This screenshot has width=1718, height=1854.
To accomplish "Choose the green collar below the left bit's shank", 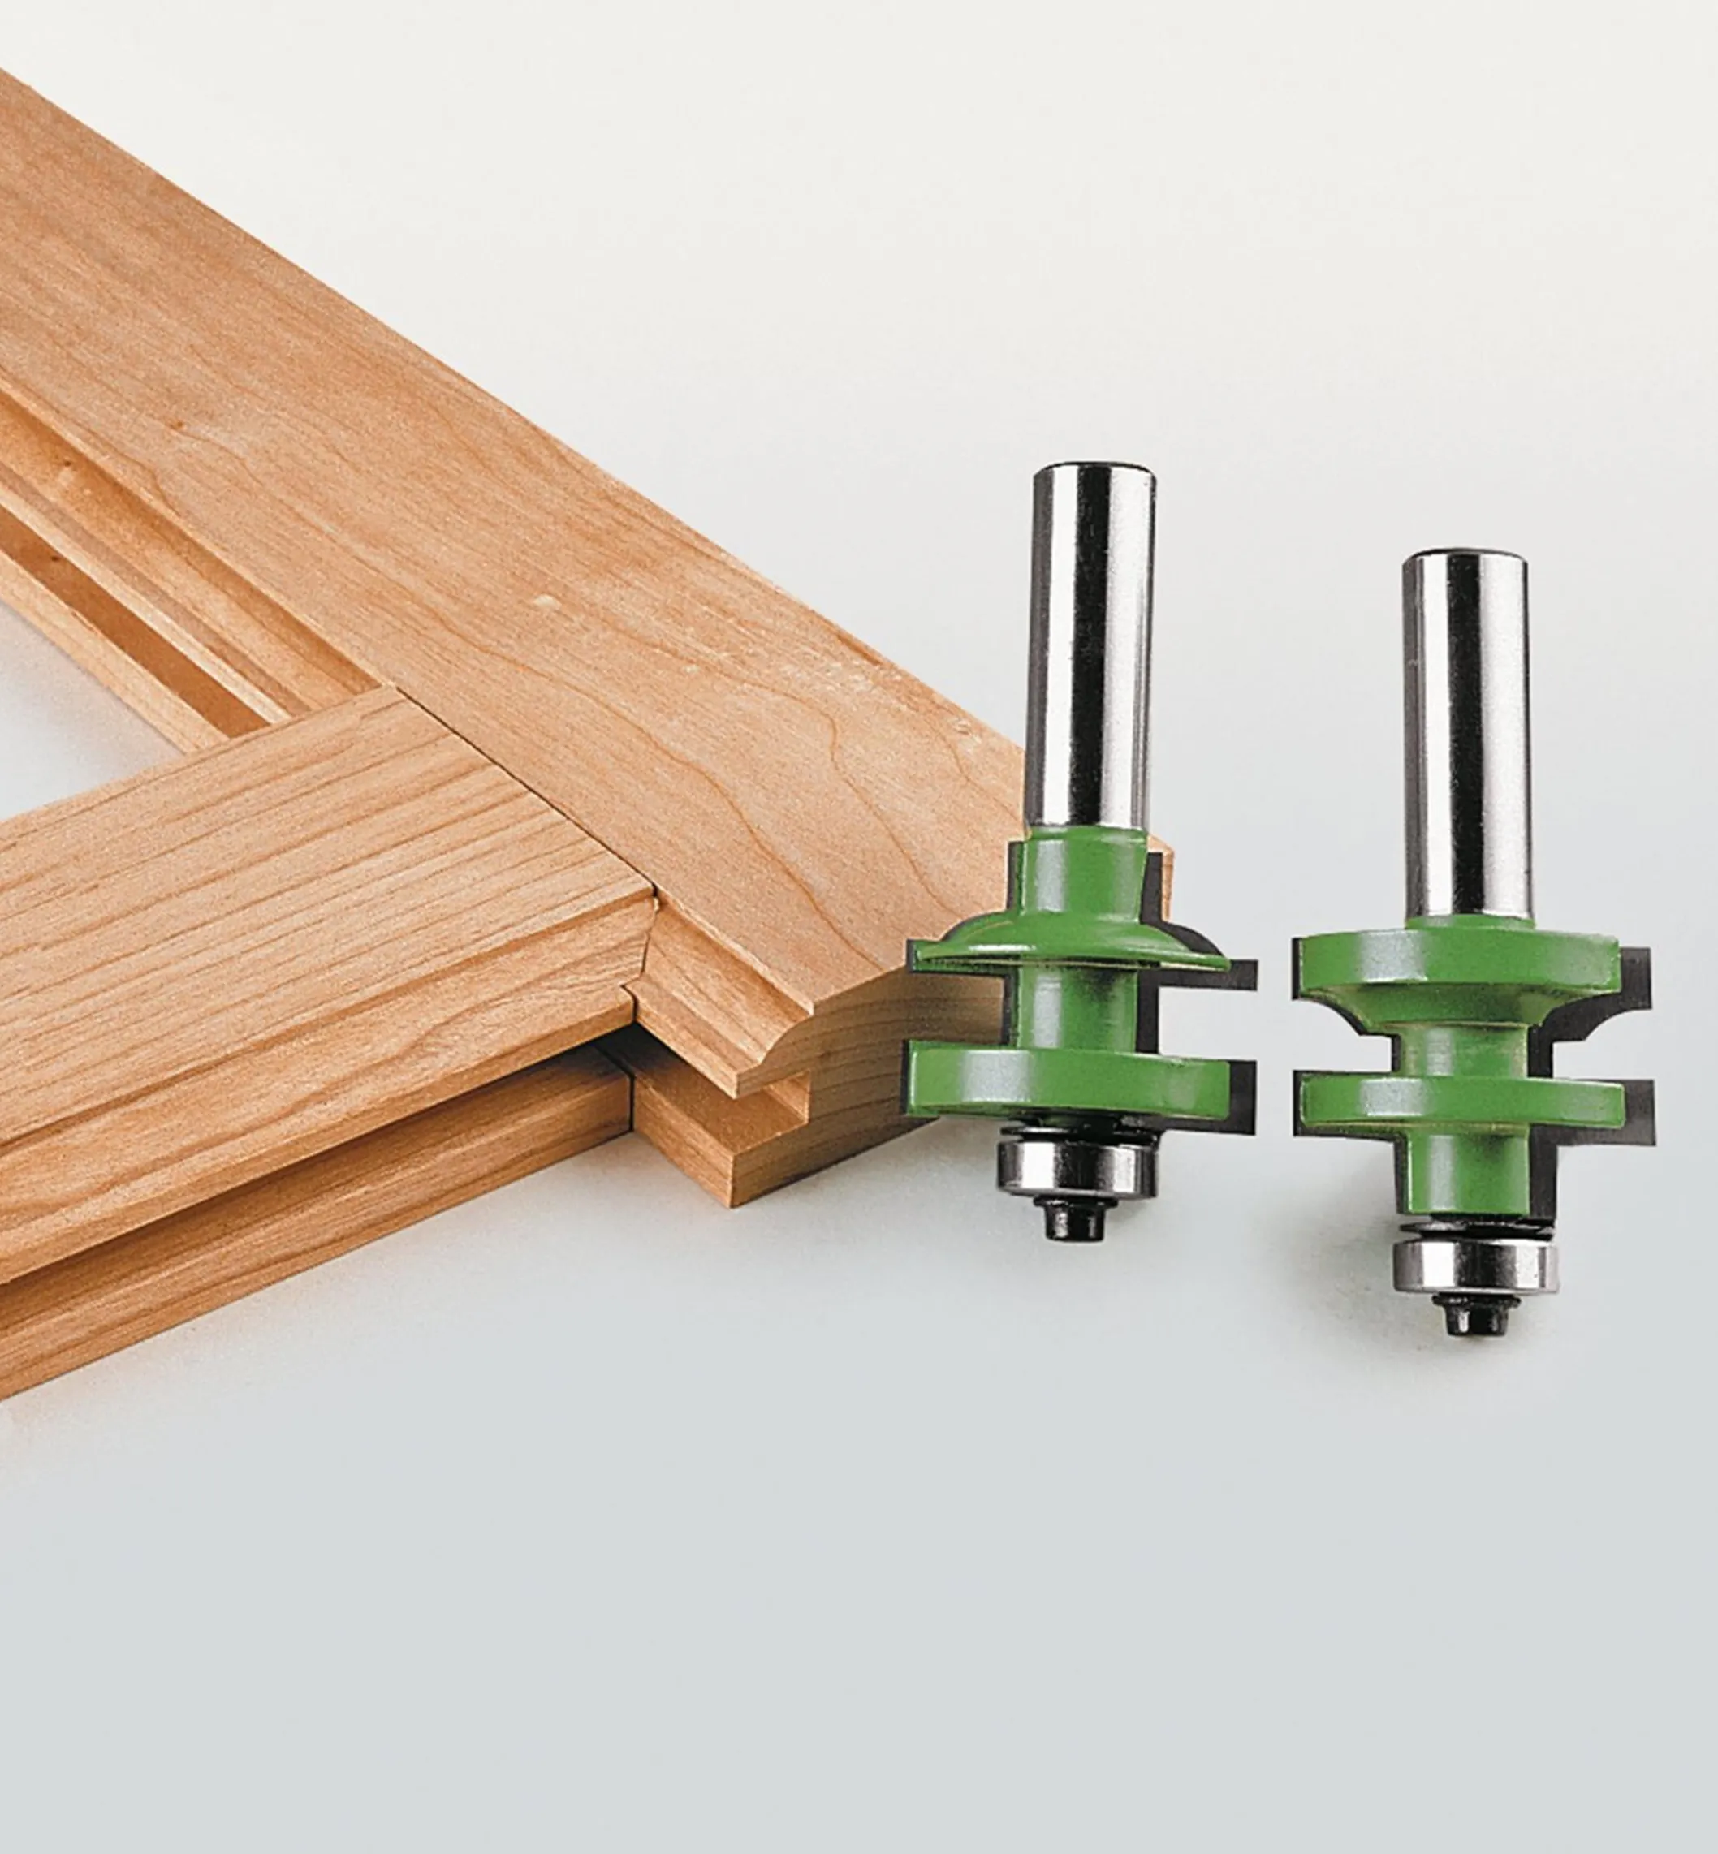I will tap(1084, 873).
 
